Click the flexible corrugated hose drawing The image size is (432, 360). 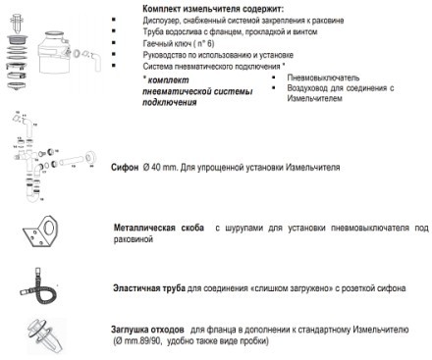point(44,288)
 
